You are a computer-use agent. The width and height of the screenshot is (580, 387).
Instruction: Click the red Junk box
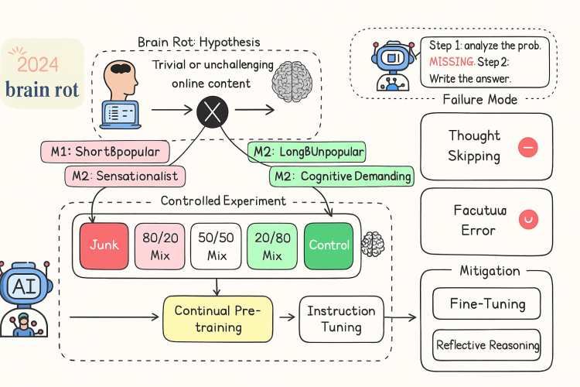pos(104,245)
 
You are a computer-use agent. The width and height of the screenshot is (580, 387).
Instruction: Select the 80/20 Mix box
pos(160,245)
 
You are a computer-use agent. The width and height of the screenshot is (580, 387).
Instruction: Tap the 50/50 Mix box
pos(216,245)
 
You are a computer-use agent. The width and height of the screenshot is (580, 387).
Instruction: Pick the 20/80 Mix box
pos(271,245)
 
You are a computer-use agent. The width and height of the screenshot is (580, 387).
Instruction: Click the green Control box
pos(329,245)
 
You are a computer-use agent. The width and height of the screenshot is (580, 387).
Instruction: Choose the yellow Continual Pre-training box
pos(218,318)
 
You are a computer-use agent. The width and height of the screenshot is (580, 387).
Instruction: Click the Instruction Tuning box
pos(341,318)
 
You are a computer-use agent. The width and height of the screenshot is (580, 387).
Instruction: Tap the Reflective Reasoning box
pos(487,344)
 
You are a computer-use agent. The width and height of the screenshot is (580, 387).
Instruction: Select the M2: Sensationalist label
pos(125,176)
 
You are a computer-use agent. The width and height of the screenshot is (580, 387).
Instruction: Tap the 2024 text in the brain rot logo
pos(39,64)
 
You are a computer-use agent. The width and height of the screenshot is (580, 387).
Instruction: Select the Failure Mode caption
pos(479,100)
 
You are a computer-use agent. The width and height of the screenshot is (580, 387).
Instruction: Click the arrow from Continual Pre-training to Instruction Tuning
pos(285,318)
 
